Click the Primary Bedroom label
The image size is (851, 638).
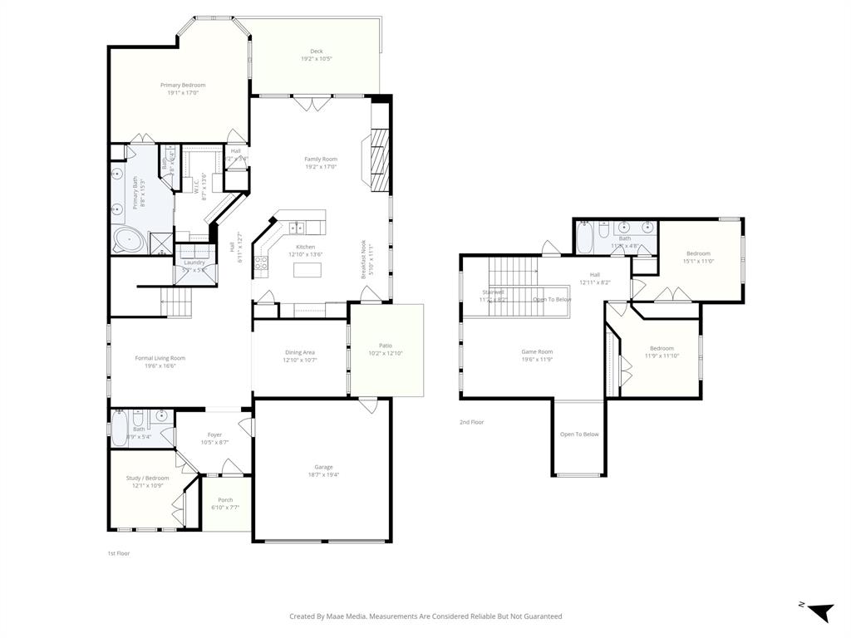click(x=183, y=85)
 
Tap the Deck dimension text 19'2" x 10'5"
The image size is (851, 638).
click(x=317, y=59)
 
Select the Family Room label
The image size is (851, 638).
click(x=321, y=159)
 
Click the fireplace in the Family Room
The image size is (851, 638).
click(x=378, y=160)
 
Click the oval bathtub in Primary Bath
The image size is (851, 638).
click(x=129, y=242)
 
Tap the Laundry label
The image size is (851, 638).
click(x=194, y=263)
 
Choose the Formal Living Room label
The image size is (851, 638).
click(x=160, y=358)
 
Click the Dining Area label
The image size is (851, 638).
click(x=300, y=352)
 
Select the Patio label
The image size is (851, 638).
click(x=386, y=346)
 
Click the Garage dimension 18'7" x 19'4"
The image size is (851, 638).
click(x=323, y=474)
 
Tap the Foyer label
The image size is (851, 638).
click(x=214, y=434)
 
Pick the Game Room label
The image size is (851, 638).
click(x=537, y=351)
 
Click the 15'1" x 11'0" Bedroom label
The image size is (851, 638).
click(x=698, y=253)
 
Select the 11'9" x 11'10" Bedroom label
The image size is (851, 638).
click(x=662, y=348)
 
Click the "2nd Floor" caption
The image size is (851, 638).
click(x=471, y=422)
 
